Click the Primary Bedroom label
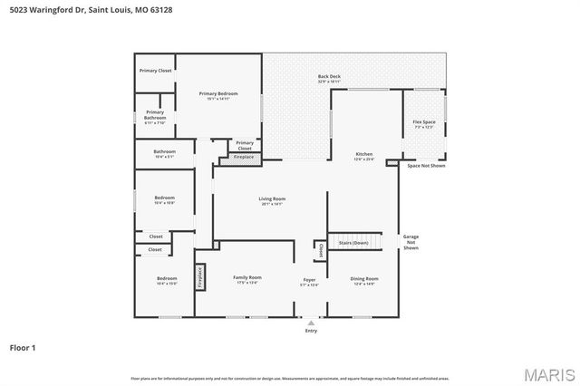point(218,93)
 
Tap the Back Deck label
point(329,76)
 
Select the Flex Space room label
point(424,121)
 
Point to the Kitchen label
point(364,154)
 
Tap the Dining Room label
point(364,278)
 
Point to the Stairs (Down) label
point(353,243)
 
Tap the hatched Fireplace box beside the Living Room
point(244,157)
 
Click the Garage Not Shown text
point(411,242)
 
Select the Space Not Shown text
point(425,166)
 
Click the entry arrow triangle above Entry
point(312,322)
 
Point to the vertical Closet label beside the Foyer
point(320,249)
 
